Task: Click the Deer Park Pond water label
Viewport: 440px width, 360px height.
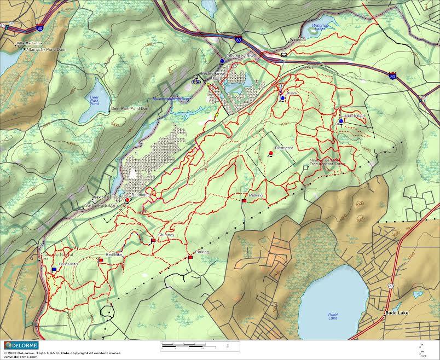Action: [x=94, y=100]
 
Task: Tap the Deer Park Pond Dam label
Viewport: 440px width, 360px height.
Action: [x=130, y=108]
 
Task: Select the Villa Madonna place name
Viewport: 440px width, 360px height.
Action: [x=28, y=43]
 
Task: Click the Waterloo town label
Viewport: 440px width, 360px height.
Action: [x=297, y=40]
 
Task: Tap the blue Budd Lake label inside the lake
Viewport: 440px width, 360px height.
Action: [x=333, y=316]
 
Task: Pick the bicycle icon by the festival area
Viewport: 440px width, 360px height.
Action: [x=196, y=82]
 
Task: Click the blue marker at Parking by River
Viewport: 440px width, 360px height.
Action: [x=222, y=61]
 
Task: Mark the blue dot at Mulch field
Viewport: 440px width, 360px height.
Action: [x=341, y=121]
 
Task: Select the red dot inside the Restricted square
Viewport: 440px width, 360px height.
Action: [x=271, y=153]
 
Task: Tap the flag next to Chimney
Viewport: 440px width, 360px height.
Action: [x=153, y=240]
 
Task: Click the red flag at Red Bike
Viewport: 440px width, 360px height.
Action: [x=101, y=261]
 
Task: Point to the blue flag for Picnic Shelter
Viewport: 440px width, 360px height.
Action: [x=54, y=269]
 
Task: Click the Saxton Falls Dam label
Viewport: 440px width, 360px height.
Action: [x=101, y=205]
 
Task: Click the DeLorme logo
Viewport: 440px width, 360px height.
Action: [x=19, y=345]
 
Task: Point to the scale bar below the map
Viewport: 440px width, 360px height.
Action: [x=200, y=345]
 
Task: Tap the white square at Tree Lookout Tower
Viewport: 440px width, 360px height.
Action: [x=305, y=167]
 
